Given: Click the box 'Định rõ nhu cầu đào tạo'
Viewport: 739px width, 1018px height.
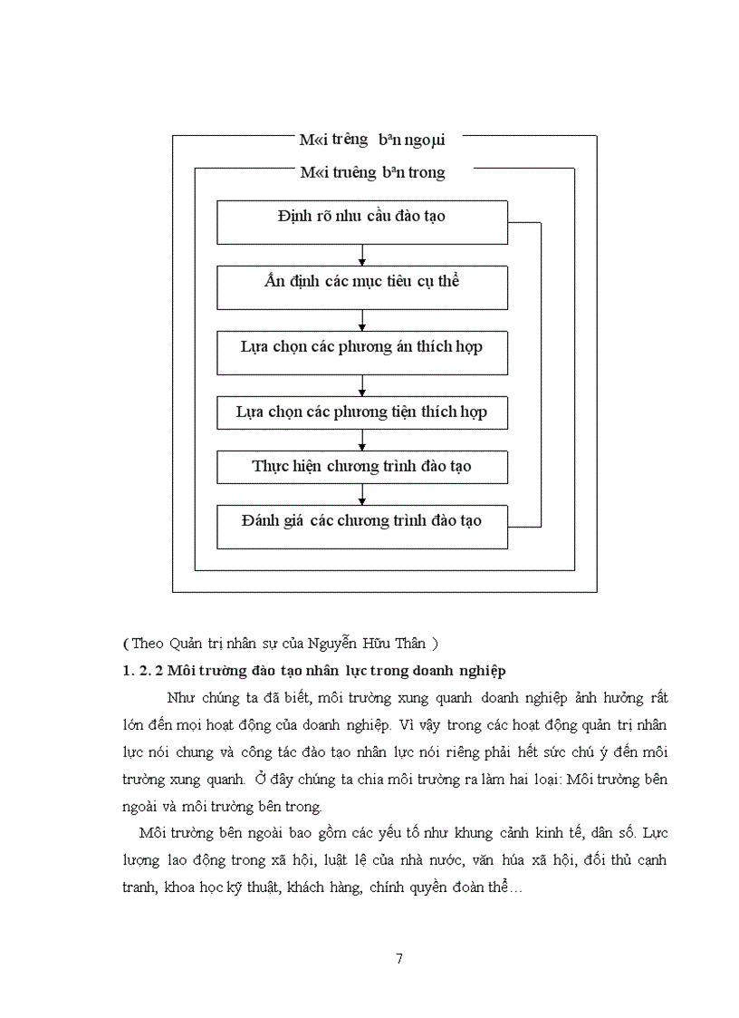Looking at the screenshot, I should coord(362,222).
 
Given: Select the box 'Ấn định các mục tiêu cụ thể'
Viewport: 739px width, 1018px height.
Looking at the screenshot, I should coord(362,286).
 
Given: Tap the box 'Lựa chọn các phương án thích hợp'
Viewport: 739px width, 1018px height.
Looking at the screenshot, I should coord(362,353).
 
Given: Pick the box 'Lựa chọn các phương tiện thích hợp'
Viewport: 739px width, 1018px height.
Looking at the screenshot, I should coord(362,412).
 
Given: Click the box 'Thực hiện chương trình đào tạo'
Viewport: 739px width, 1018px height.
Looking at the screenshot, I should coord(362,468).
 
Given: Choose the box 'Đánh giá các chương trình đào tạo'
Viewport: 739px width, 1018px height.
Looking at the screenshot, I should coord(362,526).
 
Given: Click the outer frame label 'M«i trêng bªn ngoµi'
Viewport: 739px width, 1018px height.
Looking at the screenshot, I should coord(372,140).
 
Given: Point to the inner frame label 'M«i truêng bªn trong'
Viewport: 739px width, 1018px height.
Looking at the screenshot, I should coord(372,171).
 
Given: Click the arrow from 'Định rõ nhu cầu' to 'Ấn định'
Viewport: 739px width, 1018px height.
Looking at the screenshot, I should coord(362,255).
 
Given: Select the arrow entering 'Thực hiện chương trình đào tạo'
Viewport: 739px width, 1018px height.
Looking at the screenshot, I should coord(362,441).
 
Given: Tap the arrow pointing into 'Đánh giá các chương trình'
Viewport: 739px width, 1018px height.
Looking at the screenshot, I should coord(362,495).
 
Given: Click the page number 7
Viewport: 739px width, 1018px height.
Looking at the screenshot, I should coord(399,960).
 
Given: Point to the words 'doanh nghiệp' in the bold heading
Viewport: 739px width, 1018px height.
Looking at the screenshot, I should coord(466,671).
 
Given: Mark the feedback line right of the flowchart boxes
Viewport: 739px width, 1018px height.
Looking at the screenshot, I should coord(541,373).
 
